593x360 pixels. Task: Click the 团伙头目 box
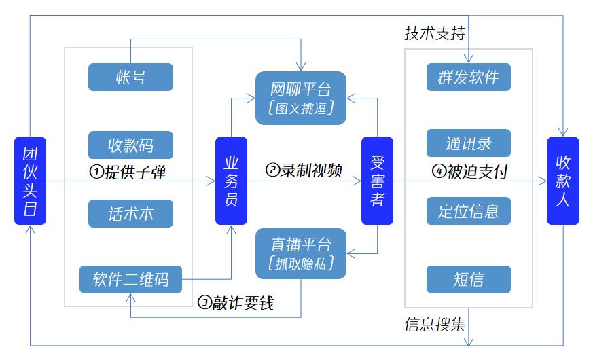(30, 181)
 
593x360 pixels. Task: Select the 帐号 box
(130, 77)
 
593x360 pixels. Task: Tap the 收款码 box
(130, 145)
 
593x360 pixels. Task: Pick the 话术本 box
(130, 213)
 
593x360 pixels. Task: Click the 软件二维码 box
(130, 278)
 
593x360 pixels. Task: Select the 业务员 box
(231, 181)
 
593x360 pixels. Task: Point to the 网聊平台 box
(301, 98)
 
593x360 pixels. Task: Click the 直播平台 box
(301, 253)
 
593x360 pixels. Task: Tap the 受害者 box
(377, 181)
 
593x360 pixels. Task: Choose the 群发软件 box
(468, 77)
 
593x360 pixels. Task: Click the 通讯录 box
(468, 143)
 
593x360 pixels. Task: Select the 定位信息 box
(468, 211)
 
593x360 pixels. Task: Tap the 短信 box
(468, 279)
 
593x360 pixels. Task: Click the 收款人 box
(563, 181)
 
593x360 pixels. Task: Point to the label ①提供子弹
(127, 172)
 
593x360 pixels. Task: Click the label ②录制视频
(303, 170)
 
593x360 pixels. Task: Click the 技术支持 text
(435, 33)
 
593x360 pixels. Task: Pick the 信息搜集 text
(435, 323)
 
